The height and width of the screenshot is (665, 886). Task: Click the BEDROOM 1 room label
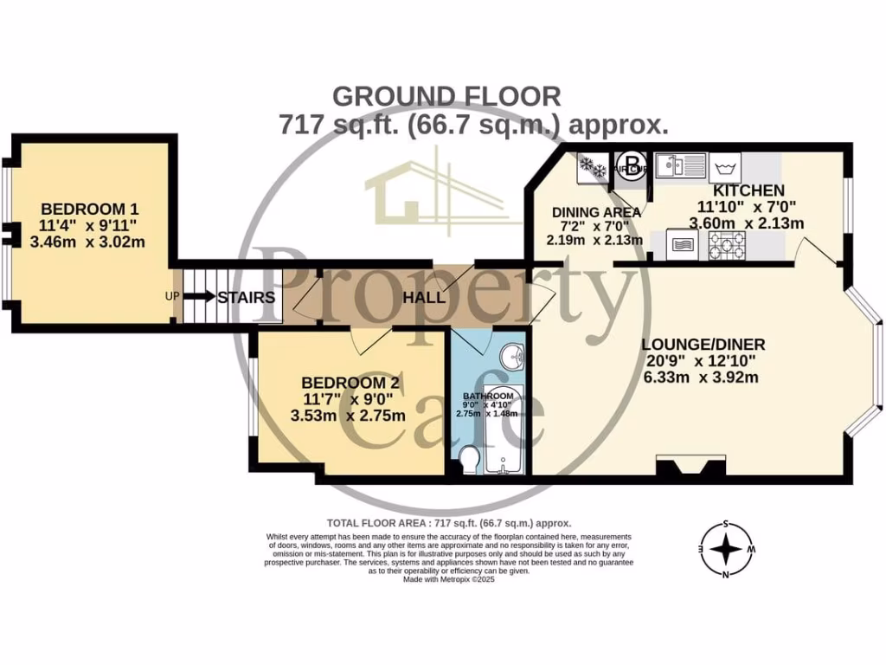point(90,209)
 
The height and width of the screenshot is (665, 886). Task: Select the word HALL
point(424,297)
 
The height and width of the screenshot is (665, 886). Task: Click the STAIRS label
point(247,298)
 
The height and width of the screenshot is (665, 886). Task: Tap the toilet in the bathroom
point(469,459)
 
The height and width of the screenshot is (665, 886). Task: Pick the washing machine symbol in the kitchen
point(725,165)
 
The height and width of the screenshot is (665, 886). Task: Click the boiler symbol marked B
point(632,161)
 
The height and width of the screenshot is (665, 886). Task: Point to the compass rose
point(725,549)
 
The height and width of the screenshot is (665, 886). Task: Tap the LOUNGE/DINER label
point(703,344)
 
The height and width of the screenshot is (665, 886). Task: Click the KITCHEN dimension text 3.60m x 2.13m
point(746,223)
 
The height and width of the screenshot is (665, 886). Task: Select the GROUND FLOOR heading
point(446,95)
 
